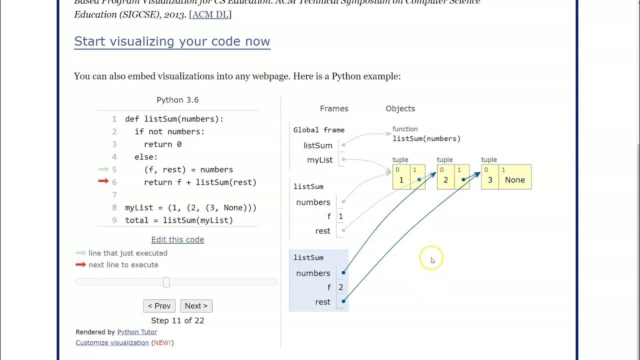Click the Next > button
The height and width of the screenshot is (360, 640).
click(x=196, y=306)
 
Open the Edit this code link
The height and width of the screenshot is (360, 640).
click(x=177, y=239)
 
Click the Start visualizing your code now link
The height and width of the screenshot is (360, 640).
click(x=172, y=41)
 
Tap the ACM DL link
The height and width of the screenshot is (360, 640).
click(x=210, y=14)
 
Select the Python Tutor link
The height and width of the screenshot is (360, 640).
click(x=137, y=332)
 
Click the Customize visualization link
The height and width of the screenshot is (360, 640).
click(x=112, y=343)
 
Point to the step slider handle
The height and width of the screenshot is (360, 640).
click(x=166, y=282)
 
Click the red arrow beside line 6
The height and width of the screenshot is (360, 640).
click(x=103, y=181)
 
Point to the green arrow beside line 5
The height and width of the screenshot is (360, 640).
click(x=103, y=169)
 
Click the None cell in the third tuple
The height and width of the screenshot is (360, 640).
click(x=514, y=180)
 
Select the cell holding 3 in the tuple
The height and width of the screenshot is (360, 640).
click(x=489, y=180)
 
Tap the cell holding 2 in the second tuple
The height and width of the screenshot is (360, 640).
click(x=445, y=180)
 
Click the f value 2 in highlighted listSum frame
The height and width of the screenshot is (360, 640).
click(x=341, y=287)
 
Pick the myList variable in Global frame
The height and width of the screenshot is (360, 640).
click(x=319, y=160)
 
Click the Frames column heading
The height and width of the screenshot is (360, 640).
click(x=334, y=108)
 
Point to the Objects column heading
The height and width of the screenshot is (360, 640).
click(x=400, y=108)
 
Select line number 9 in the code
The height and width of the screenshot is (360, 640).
click(x=114, y=220)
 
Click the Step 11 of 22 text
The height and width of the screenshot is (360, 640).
click(x=177, y=320)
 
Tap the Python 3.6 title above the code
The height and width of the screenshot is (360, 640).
click(x=177, y=100)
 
